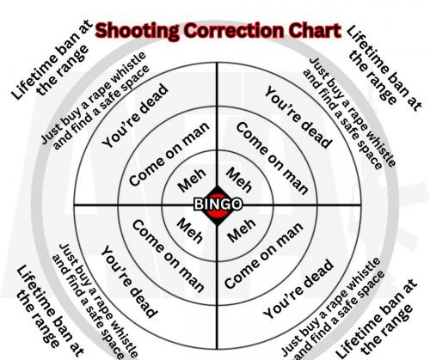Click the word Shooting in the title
[x=137, y=31]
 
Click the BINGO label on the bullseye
[x=218, y=204]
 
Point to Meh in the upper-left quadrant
[x=192, y=180]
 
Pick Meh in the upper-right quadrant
[x=239, y=180]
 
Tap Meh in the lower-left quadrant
[x=190, y=230]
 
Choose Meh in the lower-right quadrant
[x=242, y=230]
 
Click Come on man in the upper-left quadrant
[x=169, y=154]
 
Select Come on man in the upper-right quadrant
[x=272, y=158]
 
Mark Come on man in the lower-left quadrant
[x=169, y=256]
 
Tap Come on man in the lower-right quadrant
[x=264, y=255]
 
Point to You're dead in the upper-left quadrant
[x=135, y=116]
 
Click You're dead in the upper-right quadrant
[x=298, y=118]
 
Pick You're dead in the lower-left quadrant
[x=129, y=282]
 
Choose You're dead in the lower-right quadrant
[x=298, y=289]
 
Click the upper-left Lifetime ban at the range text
[x=51, y=61]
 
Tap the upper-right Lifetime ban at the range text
[x=384, y=69]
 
